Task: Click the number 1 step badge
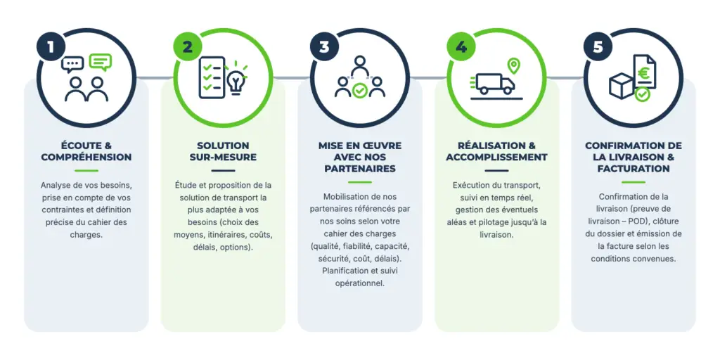[50, 47]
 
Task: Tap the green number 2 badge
[187, 47]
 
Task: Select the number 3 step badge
[323, 47]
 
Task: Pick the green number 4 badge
[461, 47]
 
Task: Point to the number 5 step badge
[598, 47]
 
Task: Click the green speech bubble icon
[101, 63]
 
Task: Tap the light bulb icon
[236, 79]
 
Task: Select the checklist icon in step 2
[212, 77]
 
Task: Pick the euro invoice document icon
[644, 72]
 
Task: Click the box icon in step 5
[622, 86]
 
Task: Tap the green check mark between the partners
[359, 91]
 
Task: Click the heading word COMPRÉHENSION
[86, 157]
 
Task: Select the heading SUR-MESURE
[223, 157]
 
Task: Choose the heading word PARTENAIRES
[360, 169]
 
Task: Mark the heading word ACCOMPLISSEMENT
[496, 157]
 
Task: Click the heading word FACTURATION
[634, 169]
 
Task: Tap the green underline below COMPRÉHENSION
[86, 171]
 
